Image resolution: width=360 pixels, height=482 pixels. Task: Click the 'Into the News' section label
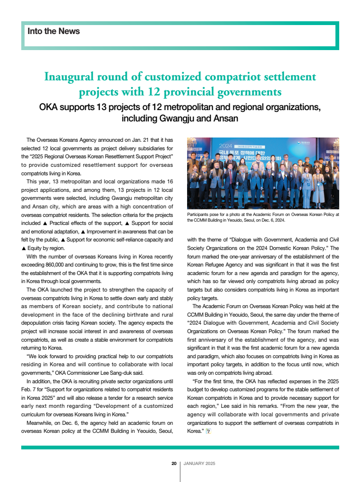(53, 31)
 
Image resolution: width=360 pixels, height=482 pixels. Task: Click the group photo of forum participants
(263, 173)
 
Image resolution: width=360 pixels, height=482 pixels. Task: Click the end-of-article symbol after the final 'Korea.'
(208, 431)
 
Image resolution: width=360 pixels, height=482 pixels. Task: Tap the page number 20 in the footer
(174, 464)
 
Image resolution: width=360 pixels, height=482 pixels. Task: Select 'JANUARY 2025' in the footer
(199, 464)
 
